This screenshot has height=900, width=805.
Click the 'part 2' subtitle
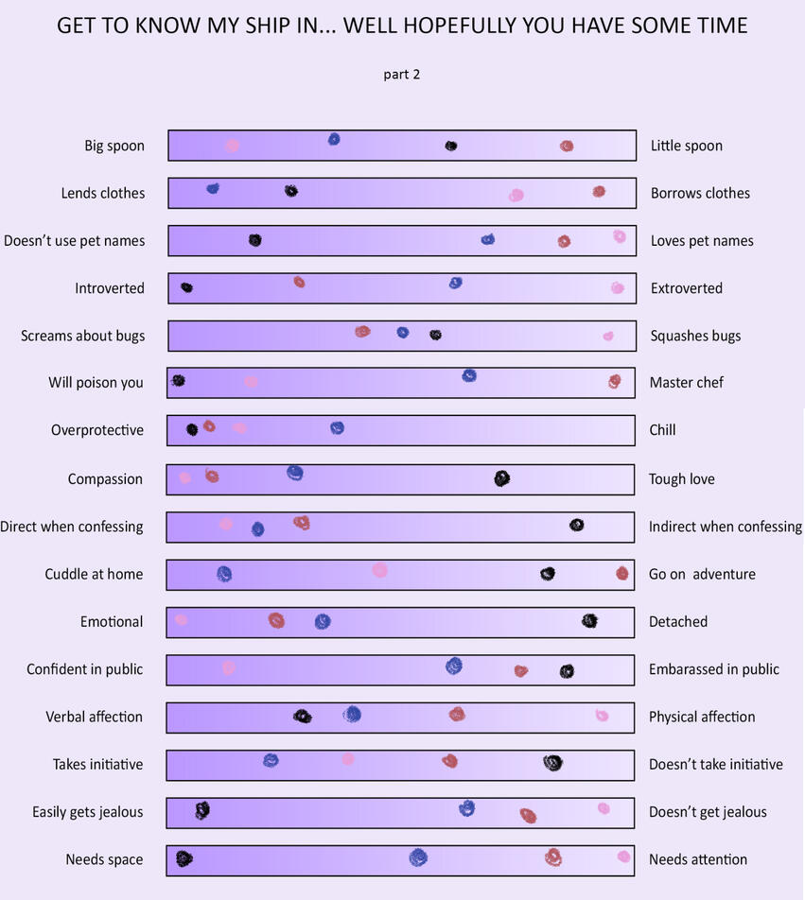(x=402, y=75)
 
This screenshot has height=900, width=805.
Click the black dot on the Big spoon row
(x=451, y=146)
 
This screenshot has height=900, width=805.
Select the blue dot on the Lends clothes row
(x=213, y=188)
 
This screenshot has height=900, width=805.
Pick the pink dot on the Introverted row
(x=617, y=287)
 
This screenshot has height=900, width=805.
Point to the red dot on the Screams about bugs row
(x=362, y=331)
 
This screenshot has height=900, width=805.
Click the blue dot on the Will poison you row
(x=469, y=375)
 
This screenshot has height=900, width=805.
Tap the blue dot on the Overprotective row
(x=337, y=427)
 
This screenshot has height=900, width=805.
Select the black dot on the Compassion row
(x=501, y=478)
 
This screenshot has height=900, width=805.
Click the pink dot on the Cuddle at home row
(x=379, y=569)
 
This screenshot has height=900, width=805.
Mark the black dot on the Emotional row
(x=589, y=620)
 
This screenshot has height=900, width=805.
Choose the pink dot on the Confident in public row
(x=228, y=667)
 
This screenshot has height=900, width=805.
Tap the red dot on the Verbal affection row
(x=457, y=714)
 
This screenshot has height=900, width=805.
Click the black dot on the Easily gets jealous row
(x=201, y=810)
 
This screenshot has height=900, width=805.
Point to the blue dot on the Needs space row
(x=417, y=857)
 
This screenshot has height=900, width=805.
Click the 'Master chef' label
(x=686, y=383)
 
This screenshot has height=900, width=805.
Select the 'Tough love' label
(x=681, y=479)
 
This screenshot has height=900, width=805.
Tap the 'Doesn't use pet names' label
(x=75, y=241)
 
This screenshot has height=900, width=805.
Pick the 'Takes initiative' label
(x=98, y=765)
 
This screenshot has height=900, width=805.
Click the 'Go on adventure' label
(x=702, y=575)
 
